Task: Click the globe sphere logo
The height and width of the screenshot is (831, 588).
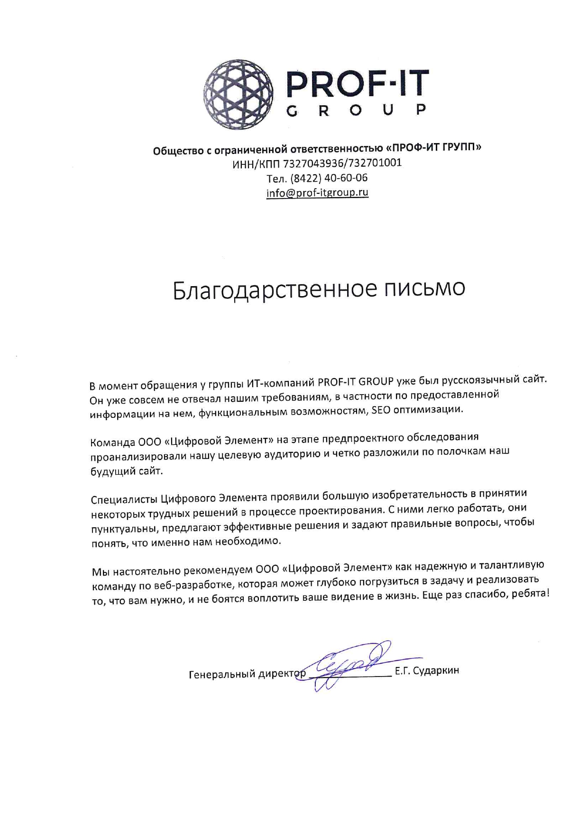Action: click(238, 94)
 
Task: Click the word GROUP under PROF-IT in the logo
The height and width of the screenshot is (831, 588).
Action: click(357, 111)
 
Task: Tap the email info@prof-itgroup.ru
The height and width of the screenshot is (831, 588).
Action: click(317, 193)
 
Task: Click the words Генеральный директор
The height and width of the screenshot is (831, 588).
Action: click(247, 674)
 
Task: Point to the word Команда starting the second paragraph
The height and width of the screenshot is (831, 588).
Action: click(112, 443)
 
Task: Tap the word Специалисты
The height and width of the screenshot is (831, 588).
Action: click(124, 500)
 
